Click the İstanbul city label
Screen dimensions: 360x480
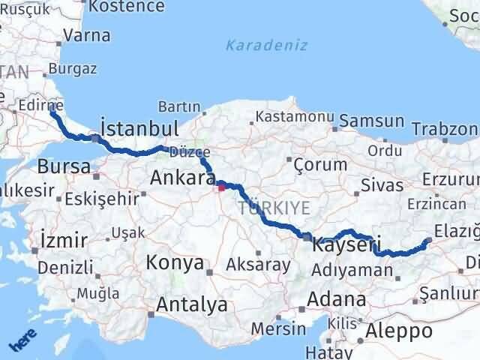click(x=139, y=127)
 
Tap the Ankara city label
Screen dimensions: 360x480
click(x=183, y=178)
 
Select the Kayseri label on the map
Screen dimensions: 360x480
click(x=347, y=244)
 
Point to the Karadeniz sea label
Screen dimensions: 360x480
click(x=268, y=45)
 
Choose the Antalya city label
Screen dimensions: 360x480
click(x=191, y=305)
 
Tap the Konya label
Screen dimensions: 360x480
click(x=175, y=262)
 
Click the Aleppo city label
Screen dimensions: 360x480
click(x=399, y=331)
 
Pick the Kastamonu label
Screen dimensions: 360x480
click(x=294, y=117)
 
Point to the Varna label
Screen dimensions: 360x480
click(x=87, y=35)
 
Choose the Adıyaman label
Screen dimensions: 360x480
click(x=346, y=268)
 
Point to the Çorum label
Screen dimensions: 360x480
click(x=320, y=164)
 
